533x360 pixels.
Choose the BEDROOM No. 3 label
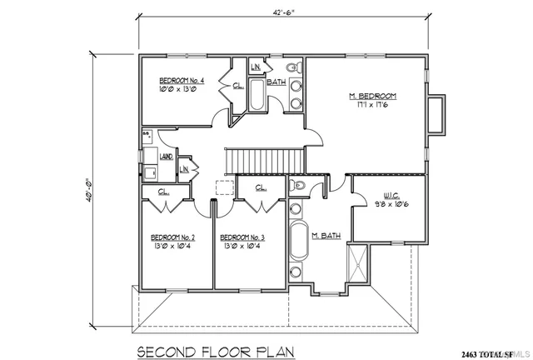tap(242, 237)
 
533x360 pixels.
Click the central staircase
tap(265, 158)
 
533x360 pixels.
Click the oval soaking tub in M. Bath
tap(298, 242)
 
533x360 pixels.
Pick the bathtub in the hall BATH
tap(257, 97)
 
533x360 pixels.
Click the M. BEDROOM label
tap(371, 97)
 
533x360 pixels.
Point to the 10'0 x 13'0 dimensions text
tap(177, 91)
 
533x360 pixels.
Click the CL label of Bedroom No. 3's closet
tap(259, 187)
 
